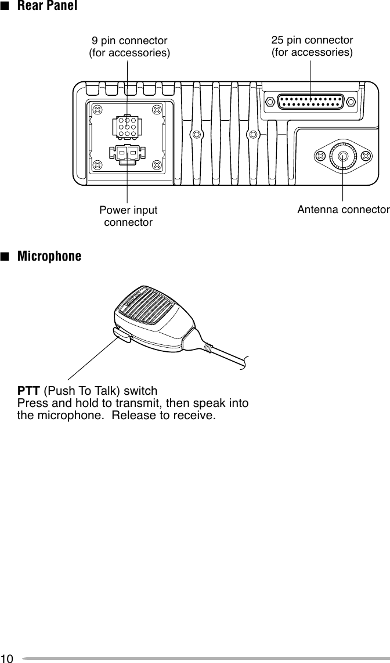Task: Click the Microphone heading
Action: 49,256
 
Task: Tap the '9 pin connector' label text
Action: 129,41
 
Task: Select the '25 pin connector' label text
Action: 312,40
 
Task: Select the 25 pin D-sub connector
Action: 310,102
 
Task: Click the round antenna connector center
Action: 343,156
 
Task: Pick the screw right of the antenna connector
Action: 366,156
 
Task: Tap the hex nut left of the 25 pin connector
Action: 270,102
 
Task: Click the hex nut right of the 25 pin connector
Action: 351,102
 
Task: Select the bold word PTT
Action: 29,390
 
